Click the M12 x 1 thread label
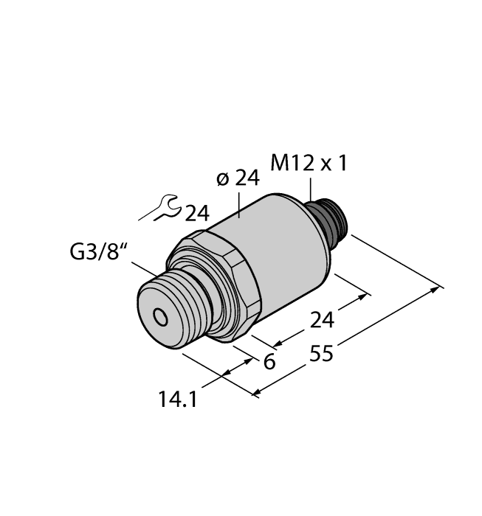click(x=309, y=164)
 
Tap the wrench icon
click(x=160, y=209)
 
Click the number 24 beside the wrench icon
click(x=196, y=214)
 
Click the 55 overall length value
click(x=321, y=355)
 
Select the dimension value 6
click(x=269, y=362)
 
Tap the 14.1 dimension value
click(x=178, y=400)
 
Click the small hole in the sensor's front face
click(x=159, y=317)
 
